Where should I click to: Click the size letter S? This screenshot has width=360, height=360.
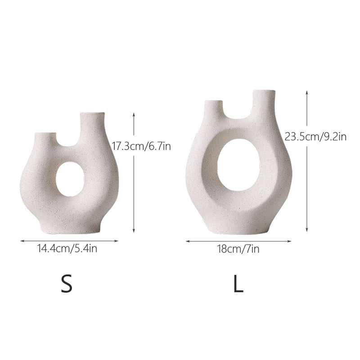[67, 284]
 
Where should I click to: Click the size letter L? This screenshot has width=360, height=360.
[238, 284]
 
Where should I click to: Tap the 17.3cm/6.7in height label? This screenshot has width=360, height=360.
[141, 146]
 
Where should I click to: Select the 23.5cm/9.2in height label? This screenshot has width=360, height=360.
[315, 137]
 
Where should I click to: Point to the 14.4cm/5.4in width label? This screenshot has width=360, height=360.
[67, 248]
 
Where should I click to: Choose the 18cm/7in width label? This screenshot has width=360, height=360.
[238, 249]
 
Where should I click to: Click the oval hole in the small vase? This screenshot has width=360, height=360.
[70, 179]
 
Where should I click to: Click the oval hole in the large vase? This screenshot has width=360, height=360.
[238, 165]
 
